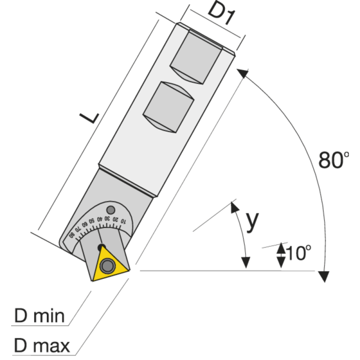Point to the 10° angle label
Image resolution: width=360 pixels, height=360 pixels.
point(298,253)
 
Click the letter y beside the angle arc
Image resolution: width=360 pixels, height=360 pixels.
point(253,220)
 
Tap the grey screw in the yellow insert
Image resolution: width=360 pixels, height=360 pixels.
point(107,266)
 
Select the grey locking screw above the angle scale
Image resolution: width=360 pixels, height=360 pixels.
point(110,210)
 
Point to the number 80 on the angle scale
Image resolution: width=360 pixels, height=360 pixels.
point(72,235)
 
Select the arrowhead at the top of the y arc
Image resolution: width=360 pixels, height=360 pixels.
point(234,207)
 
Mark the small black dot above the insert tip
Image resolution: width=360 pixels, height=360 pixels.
point(101,247)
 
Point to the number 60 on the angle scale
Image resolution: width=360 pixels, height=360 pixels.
point(84,225)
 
